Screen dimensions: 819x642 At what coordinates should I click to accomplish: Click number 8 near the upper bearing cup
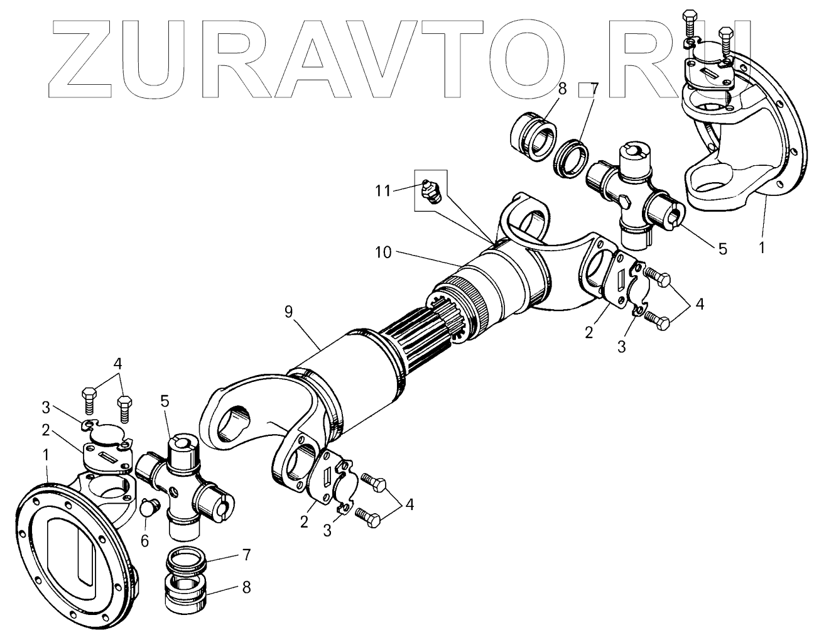562,89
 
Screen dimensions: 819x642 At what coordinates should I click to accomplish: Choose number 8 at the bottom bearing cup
246,587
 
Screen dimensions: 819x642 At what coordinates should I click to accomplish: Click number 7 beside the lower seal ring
246,555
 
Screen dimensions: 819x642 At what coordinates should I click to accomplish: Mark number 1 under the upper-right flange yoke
761,248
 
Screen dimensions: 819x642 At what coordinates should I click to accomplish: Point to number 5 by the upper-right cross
722,249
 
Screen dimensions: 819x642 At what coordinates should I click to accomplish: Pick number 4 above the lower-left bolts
117,364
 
